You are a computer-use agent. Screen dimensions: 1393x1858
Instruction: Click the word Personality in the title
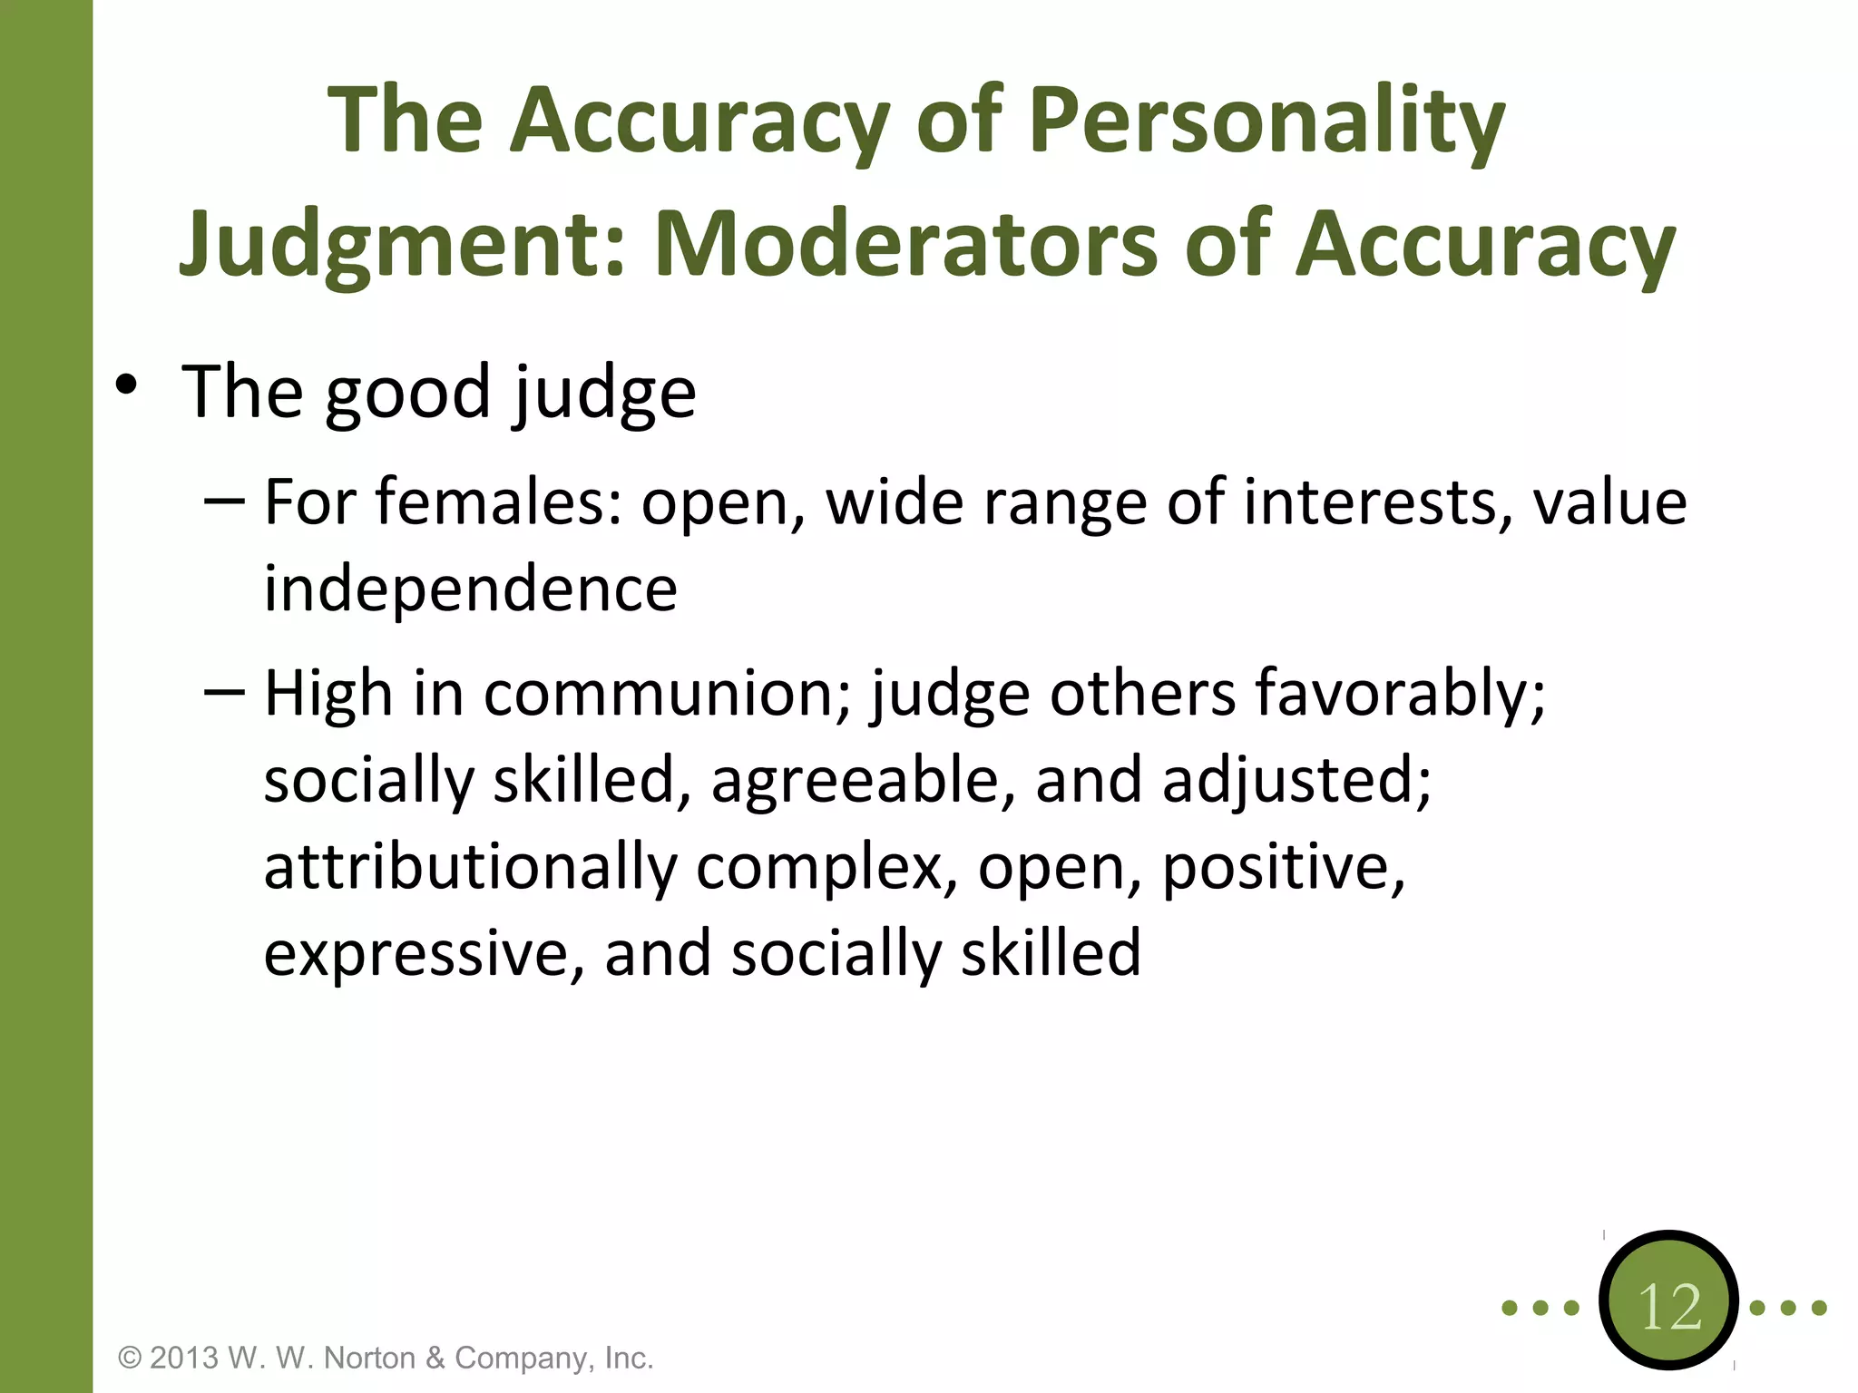(x=1266, y=122)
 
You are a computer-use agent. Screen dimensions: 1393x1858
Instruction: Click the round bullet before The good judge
(x=126, y=385)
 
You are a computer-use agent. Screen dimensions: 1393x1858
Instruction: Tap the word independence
(x=470, y=589)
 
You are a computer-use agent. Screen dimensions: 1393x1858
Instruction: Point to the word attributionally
(x=470, y=868)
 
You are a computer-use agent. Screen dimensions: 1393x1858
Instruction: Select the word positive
(x=1283, y=868)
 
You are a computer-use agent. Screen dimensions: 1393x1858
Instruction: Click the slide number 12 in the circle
(x=1669, y=1307)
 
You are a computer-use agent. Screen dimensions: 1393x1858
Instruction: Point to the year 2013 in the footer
(x=184, y=1359)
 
